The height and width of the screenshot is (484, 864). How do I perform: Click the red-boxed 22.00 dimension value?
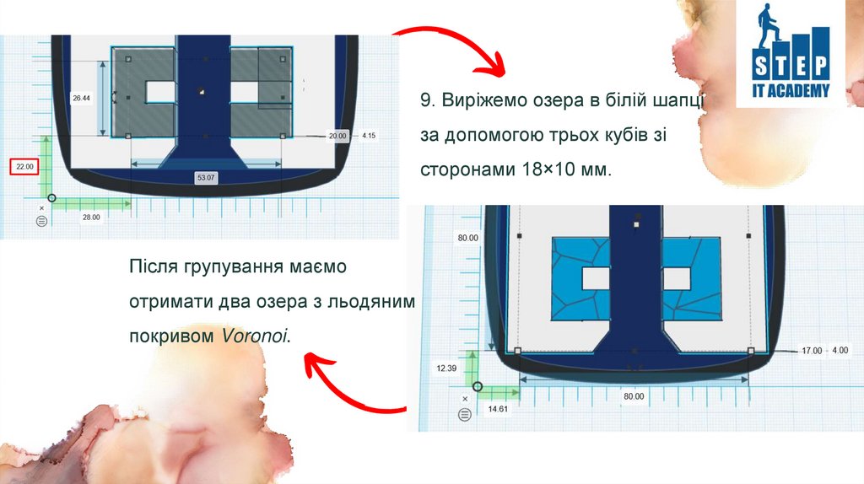coord(24,166)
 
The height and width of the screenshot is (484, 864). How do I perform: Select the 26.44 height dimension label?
coord(81,98)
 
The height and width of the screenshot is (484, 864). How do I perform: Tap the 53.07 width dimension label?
coord(206,177)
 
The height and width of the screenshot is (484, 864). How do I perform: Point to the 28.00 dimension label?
coord(91,217)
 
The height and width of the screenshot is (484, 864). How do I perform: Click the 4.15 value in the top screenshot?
coord(369,136)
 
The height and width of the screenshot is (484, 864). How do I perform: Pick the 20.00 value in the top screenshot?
coord(337,136)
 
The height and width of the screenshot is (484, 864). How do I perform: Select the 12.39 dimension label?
coord(446,368)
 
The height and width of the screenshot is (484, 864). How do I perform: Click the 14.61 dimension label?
coord(498,409)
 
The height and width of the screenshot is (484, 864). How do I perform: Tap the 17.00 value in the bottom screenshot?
coord(812,351)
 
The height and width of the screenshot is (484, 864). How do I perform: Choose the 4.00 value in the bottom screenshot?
coord(840,350)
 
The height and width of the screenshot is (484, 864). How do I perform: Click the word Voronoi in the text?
coord(254,336)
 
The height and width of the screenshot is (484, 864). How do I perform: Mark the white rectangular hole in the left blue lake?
coord(596,278)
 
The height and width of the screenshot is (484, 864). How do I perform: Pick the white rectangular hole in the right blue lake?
coord(677,278)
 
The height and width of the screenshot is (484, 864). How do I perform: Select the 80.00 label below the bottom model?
coord(634,396)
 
